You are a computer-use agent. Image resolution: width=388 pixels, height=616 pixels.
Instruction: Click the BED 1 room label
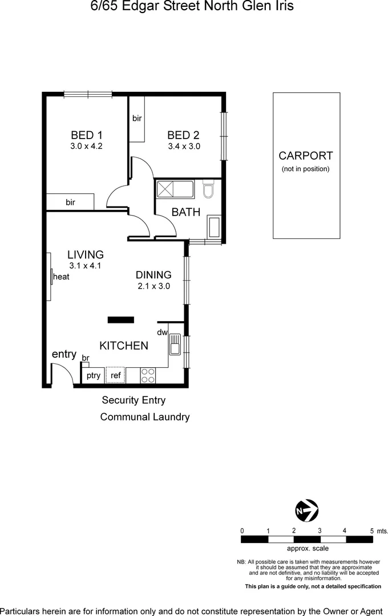pyautogui.click(x=86, y=135)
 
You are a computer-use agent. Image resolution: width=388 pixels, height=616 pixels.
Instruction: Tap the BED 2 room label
pyautogui.click(x=183, y=135)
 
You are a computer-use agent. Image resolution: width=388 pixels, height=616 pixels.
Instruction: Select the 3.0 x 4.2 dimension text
pyautogui.click(x=86, y=146)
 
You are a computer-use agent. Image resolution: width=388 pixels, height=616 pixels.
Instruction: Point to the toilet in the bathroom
pyautogui.click(x=208, y=189)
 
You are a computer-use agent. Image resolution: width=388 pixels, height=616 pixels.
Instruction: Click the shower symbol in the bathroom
pyautogui.click(x=167, y=189)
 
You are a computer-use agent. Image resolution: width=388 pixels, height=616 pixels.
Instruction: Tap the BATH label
pyautogui.click(x=186, y=212)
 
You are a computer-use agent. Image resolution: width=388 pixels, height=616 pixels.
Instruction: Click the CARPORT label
pyautogui.click(x=305, y=156)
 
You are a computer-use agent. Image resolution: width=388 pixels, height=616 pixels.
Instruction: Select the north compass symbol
pyautogui.click(x=306, y=509)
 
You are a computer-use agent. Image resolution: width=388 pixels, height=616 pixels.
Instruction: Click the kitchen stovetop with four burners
pyautogui.click(x=148, y=375)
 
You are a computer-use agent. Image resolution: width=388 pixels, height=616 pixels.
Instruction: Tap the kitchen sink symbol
pyautogui.click(x=175, y=344)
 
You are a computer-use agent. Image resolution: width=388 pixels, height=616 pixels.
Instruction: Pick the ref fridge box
pyautogui.click(x=115, y=375)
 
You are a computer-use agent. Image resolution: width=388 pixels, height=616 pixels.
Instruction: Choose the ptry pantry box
pyautogui.click(x=93, y=375)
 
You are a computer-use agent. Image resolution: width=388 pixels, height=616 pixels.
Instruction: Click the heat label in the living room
pyautogui.click(x=61, y=277)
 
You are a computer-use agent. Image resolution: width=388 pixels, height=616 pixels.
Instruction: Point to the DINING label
pyautogui.click(x=153, y=275)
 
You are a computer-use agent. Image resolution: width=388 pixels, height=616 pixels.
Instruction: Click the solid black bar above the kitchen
pyautogui.click(x=120, y=320)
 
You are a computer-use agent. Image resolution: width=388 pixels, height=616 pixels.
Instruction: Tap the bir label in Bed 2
pyautogui.click(x=137, y=119)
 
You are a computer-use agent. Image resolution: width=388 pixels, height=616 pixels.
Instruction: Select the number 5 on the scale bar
pyautogui.click(x=371, y=530)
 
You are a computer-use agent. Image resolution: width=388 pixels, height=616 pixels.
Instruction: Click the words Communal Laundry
pyautogui.click(x=144, y=417)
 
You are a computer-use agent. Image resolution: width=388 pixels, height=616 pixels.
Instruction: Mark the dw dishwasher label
pyautogui.click(x=161, y=332)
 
